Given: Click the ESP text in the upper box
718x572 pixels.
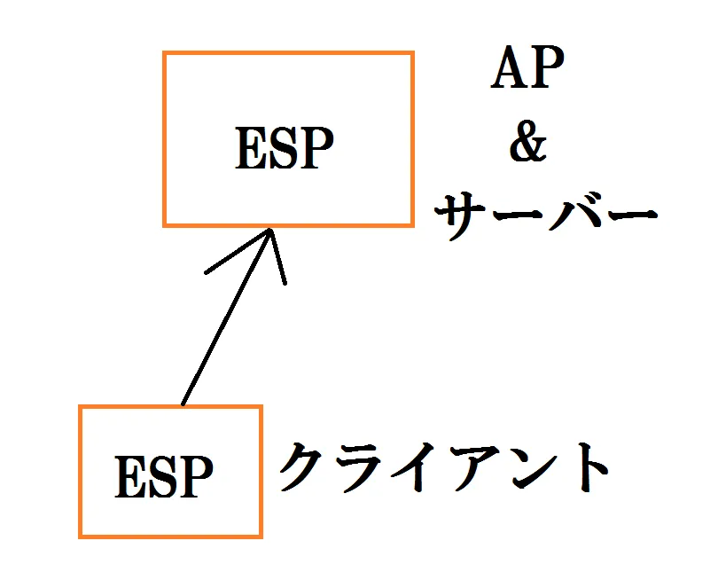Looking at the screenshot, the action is coord(285,148).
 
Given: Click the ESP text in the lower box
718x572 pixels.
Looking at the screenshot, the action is coord(164,476).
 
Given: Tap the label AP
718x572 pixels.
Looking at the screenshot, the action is coord(527,67).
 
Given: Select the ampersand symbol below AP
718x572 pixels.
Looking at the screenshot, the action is coord(528,141).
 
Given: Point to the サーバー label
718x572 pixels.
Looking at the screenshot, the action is coord(546,215).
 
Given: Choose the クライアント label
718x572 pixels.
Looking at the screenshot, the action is coord(444,467).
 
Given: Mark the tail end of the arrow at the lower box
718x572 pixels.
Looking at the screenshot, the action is coord(183,405).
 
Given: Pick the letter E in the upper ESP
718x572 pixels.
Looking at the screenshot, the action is coord(251,148).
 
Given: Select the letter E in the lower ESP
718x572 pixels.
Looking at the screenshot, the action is coord(130,476).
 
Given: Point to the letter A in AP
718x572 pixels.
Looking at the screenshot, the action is coord(508,67).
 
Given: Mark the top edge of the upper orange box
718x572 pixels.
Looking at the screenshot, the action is coord(288,53).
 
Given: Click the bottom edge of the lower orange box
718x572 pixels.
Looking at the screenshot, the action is coord(170,536).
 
